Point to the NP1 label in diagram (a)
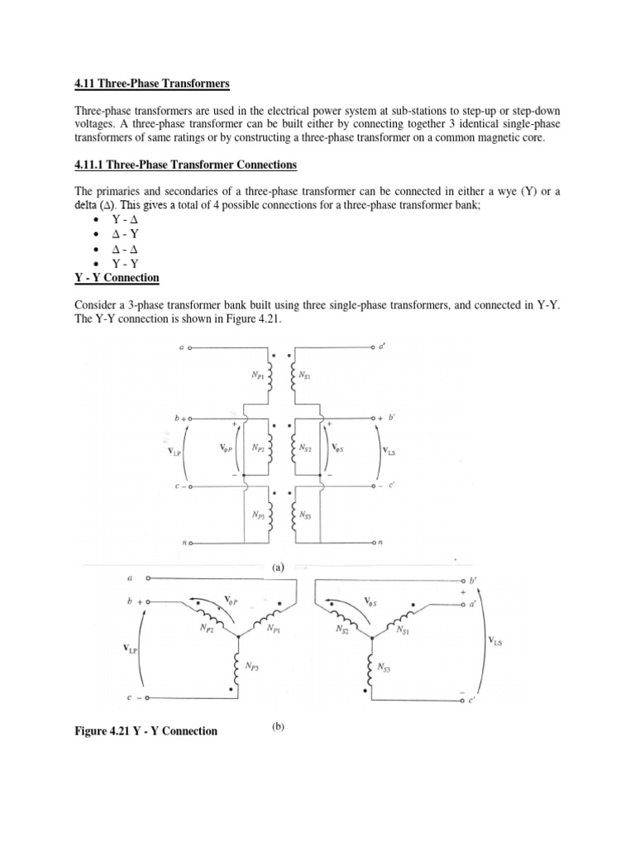coord(260,375)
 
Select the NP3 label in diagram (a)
coord(260,514)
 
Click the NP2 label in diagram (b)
coord(208,629)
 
